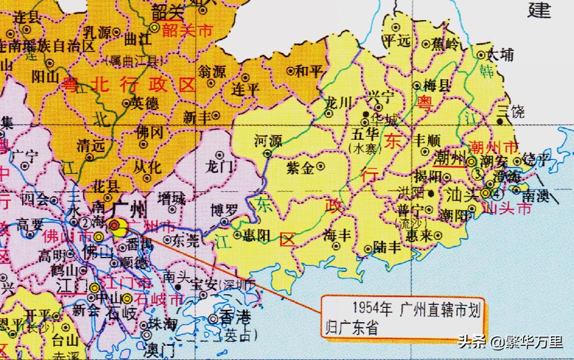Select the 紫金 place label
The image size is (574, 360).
[x=300, y=168]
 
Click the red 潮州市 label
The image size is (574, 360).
[x=491, y=146]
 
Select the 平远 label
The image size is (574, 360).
[x=397, y=41]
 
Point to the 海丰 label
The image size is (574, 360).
[x=338, y=234]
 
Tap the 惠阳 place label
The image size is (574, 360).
[x=257, y=235]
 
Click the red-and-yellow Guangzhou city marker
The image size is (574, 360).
[x=114, y=224]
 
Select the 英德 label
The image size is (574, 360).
[x=144, y=103]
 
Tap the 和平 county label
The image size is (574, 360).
[x=308, y=71]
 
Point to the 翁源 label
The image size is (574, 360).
[x=211, y=72]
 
